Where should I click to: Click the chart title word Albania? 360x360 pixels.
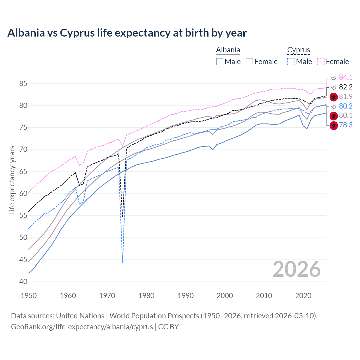tap(26, 33)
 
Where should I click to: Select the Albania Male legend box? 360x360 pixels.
tap(220, 62)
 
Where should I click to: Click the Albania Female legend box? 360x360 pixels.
tap(249, 62)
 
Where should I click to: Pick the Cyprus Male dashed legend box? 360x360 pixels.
tap(291, 62)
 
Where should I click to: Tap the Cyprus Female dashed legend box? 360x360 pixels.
tap(321, 62)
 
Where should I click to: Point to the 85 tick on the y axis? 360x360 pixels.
tap(23, 84)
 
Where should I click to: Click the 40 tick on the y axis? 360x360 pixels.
tap(23, 282)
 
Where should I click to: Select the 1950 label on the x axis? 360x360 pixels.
tap(29, 296)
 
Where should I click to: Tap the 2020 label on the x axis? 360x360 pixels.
tap(303, 296)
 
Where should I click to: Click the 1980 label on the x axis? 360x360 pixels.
tap(146, 296)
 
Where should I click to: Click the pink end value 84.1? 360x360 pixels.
tap(346, 77)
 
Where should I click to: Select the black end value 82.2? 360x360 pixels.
tap(346, 87)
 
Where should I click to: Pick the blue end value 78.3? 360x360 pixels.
tap(346, 125)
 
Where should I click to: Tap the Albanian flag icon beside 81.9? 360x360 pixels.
tap(334, 97)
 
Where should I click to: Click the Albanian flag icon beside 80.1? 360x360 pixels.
tap(334, 116)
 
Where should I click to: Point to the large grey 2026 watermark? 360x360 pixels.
tap(297, 269)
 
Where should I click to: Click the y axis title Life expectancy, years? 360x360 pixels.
tap(12, 180)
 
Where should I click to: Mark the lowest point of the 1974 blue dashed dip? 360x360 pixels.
tap(123, 263)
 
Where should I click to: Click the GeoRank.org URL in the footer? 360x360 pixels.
tap(82, 327)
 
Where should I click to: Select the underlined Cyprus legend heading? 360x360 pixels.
tap(298, 50)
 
